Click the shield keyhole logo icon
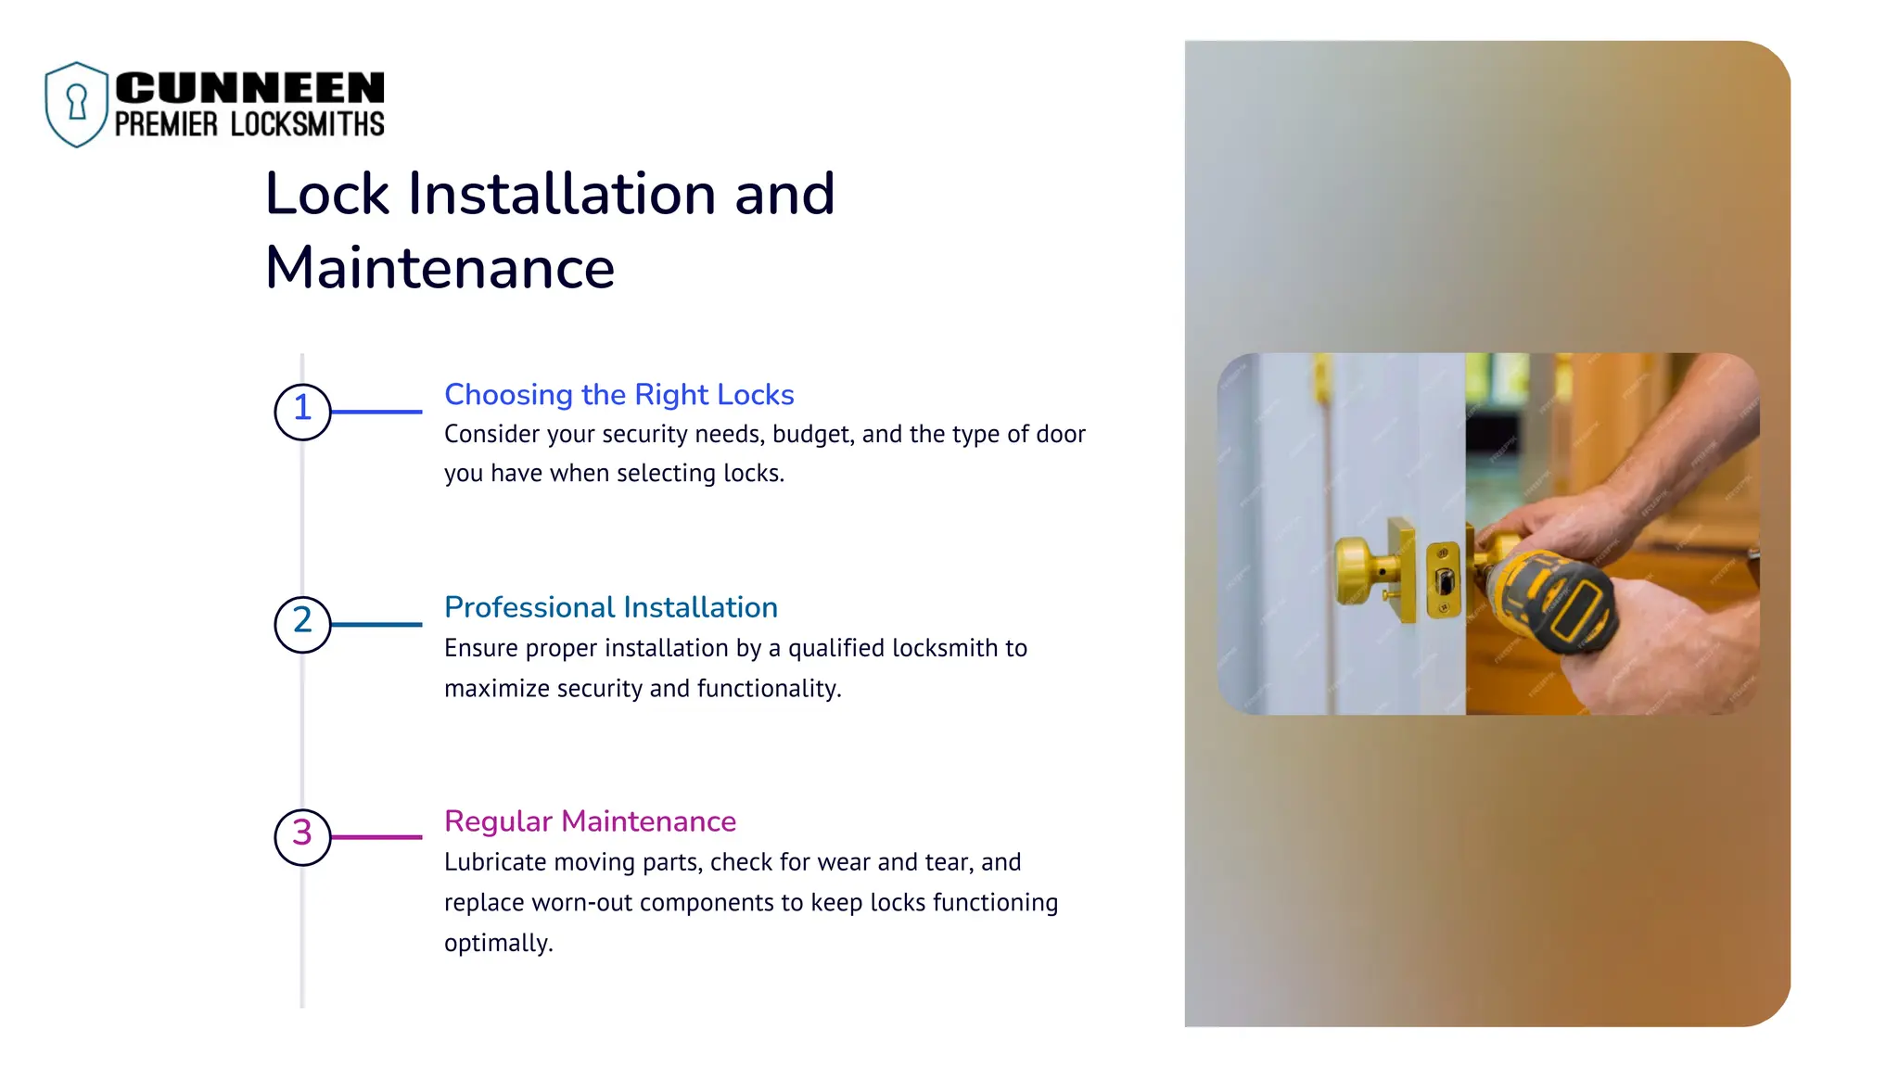tap(77, 104)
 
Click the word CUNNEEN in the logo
tap(249, 88)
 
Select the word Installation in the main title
tap(562, 194)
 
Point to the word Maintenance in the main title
tap(440, 268)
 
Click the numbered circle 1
tap(302, 412)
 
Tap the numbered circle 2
tap(302, 624)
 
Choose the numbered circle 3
tap(302, 836)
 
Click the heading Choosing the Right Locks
tap(618, 395)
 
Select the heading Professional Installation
tap(610, 607)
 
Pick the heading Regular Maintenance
tap(590, 821)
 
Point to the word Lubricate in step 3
tap(495, 862)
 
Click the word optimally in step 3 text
tap(498, 943)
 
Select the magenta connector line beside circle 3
tap(376, 837)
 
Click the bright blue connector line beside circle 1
tap(376, 412)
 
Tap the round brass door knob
tap(1357, 569)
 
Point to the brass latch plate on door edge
tap(1443, 580)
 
